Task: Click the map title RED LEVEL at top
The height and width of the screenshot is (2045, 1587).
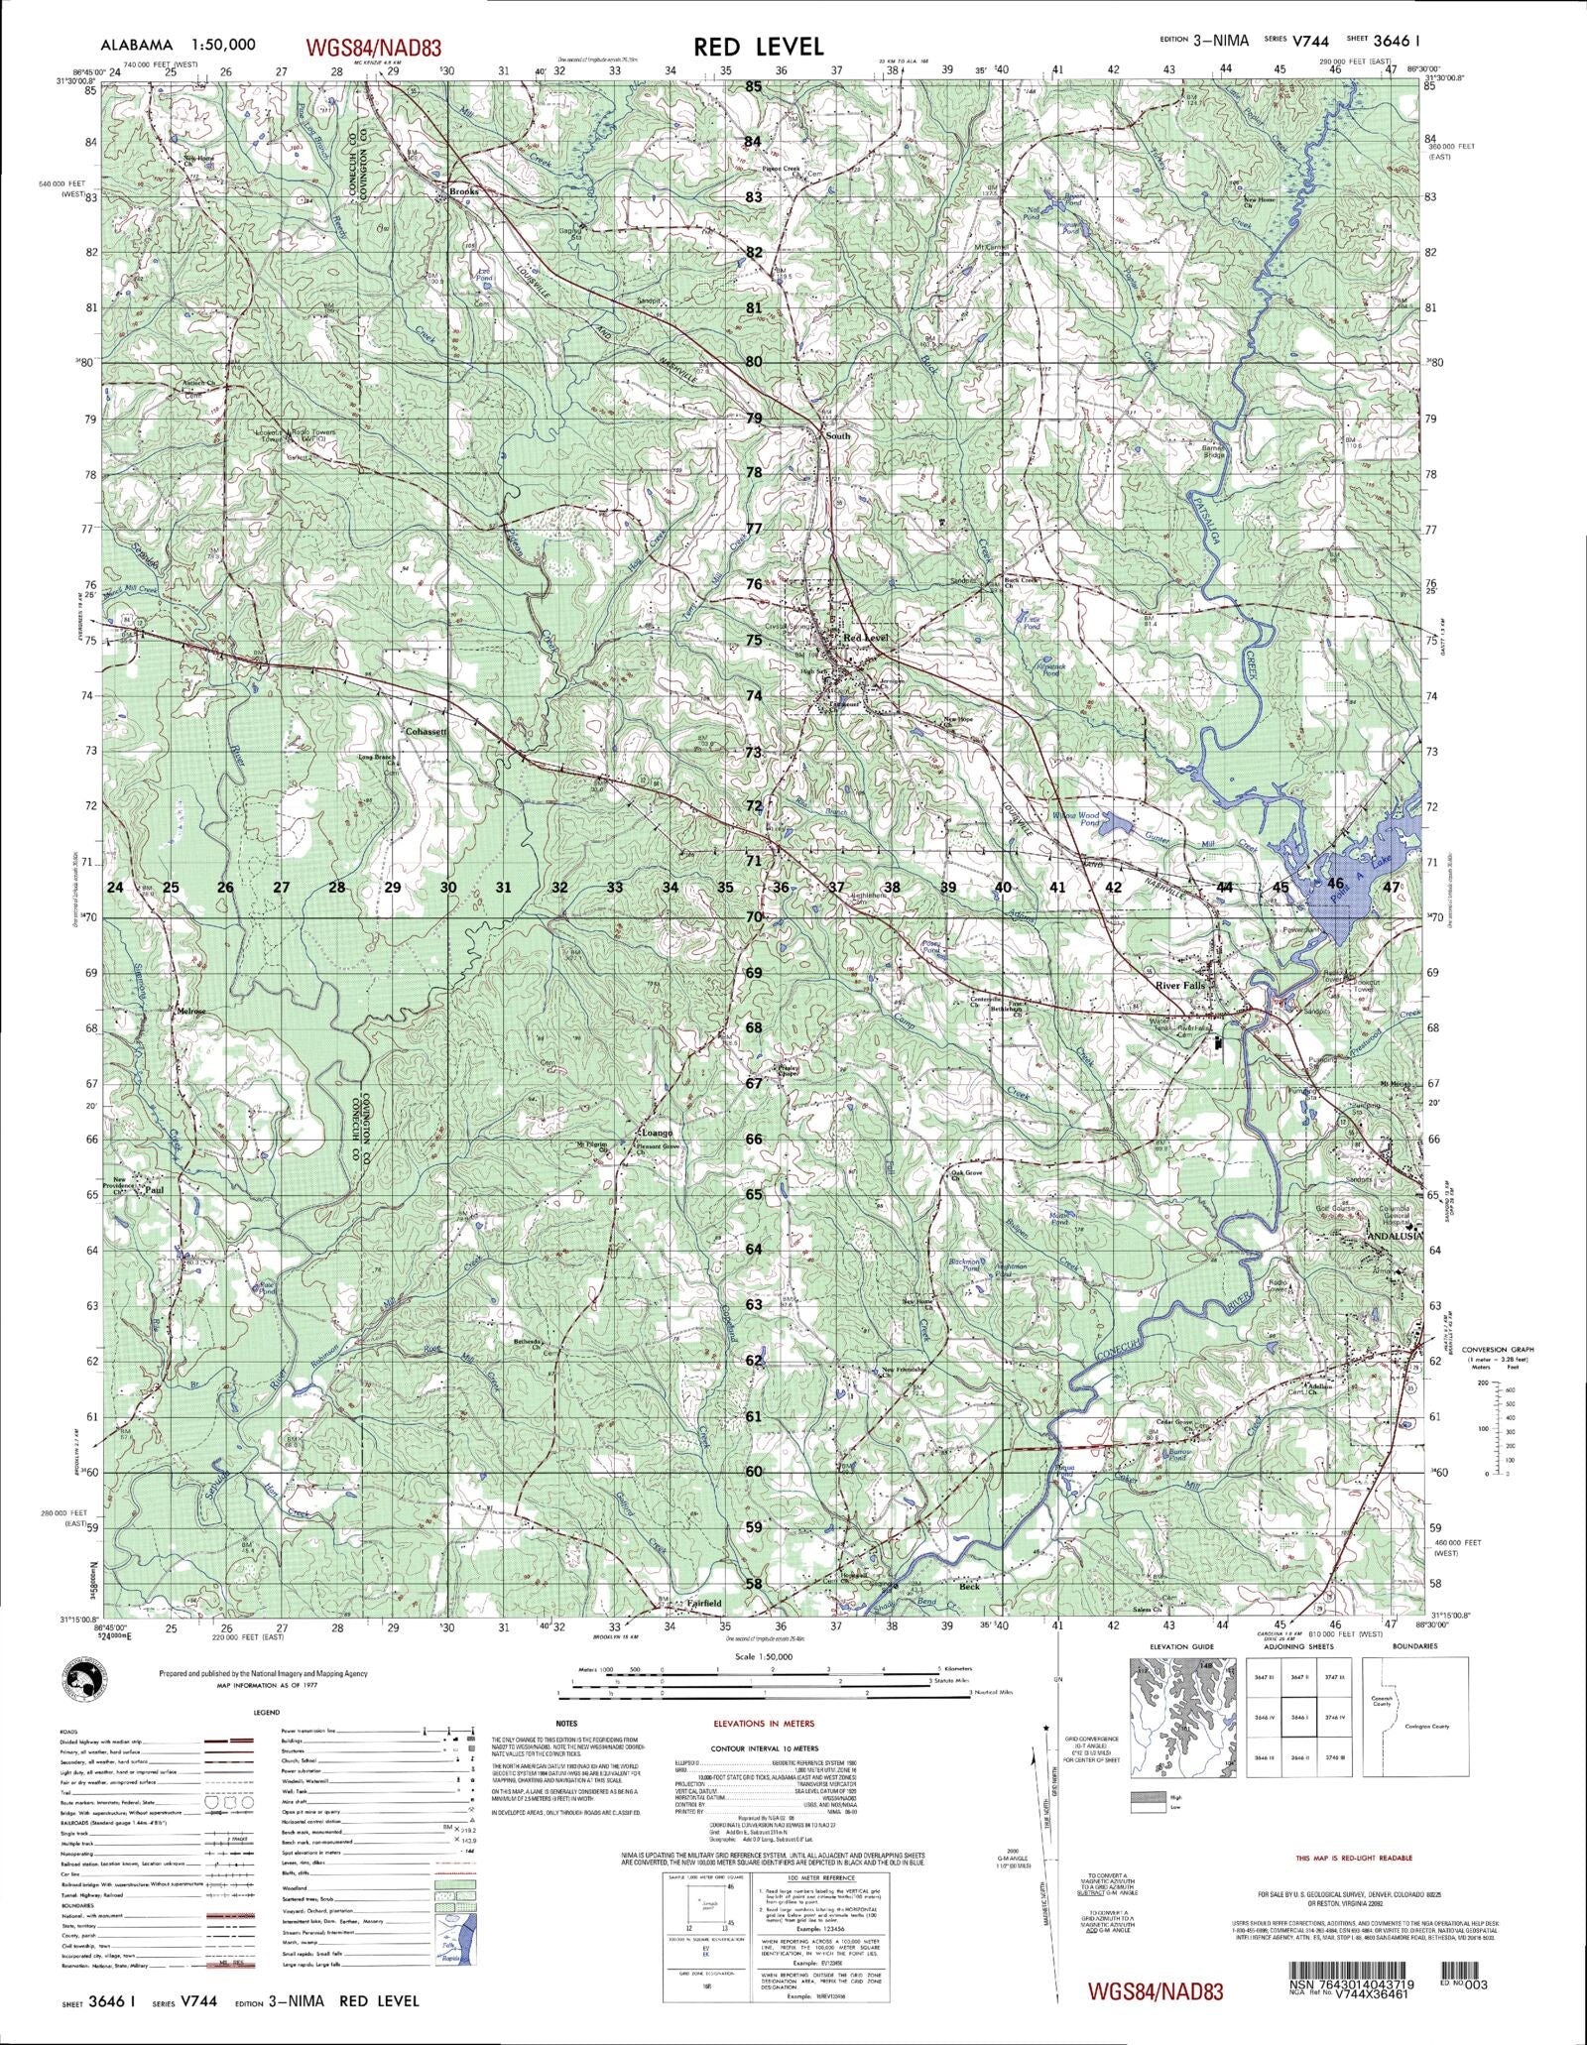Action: (x=758, y=46)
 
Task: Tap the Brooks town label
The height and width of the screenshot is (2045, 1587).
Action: (x=463, y=191)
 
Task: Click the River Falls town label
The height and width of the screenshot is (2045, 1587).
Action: (x=1177, y=986)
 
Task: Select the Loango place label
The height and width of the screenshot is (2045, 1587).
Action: (x=658, y=1133)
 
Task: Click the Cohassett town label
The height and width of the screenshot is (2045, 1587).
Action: (x=427, y=731)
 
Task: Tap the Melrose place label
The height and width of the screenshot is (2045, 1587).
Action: (x=191, y=1012)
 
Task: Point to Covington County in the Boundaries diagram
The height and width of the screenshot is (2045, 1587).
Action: (x=1427, y=1726)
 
